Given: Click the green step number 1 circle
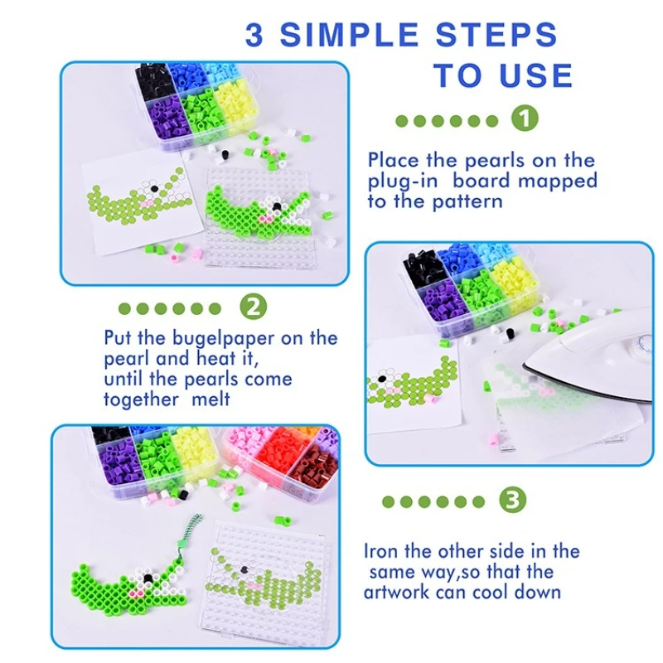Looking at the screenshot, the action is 525,119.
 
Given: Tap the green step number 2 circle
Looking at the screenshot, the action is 254,307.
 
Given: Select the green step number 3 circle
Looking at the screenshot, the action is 512,501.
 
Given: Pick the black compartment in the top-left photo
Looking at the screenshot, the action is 152,83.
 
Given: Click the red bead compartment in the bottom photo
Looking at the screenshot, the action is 277,456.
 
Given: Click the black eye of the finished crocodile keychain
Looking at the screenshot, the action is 148,578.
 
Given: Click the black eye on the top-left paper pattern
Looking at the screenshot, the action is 154,187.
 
